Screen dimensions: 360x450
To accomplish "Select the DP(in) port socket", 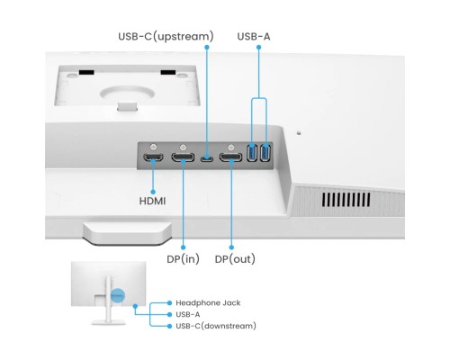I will (x=183, y=158).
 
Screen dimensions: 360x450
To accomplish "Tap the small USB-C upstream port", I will (x=207, y=159).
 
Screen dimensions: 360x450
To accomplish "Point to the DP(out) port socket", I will (x=230, y=158).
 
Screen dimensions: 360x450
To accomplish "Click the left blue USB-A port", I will (x=253, y=154).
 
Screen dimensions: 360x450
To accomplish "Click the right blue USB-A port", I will (x=265, y=154).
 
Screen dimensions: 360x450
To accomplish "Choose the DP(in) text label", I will (x=184, y=259).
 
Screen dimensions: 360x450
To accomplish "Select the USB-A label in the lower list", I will (x=188, y=314).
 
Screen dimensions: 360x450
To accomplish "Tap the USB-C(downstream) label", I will (x=216, y=326).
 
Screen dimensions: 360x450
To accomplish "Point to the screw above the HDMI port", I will (x=156, y=146).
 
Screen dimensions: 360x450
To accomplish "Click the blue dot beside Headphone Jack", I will (x=168, y=302).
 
